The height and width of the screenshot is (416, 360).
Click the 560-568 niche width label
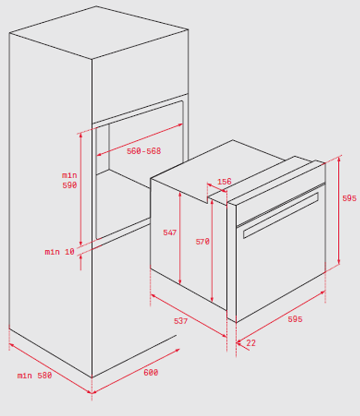point(143,151)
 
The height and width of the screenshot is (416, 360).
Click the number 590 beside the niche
point(69,185)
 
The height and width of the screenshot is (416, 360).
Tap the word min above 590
point(69,175)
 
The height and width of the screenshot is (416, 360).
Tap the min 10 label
point(60,251)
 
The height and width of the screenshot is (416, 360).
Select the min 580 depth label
point(35,375)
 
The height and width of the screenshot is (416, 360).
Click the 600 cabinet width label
point(151,373)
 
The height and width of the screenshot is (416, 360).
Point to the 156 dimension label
point(224,181)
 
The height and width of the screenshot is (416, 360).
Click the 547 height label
point(169,232)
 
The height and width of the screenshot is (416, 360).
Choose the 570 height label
point(202,242)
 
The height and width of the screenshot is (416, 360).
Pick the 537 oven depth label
point(181,321)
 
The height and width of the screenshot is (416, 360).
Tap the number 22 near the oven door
point(251,343)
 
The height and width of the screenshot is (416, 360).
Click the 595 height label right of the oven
point(349,198)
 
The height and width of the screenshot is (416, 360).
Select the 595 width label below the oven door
point(295,319)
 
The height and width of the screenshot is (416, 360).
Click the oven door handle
point(281,216)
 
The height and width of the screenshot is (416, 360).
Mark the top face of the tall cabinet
point(99,32)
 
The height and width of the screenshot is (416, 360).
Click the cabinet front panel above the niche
point(140,77)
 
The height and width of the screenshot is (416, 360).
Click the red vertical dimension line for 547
point(180,238)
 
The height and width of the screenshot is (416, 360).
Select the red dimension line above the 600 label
point(136,371)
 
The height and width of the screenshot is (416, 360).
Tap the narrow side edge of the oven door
point(232,263)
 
